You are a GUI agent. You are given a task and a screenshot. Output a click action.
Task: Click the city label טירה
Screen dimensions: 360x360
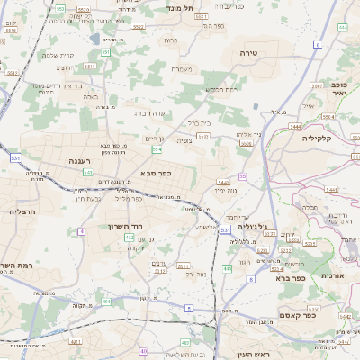pyautogui.click(x=249, y=54)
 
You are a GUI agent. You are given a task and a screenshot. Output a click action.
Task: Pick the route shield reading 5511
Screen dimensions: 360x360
pyautogui.click(x=184, y=265)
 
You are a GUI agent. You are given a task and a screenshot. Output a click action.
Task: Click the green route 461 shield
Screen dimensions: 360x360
pyautogui.click(x=184, y=342)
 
